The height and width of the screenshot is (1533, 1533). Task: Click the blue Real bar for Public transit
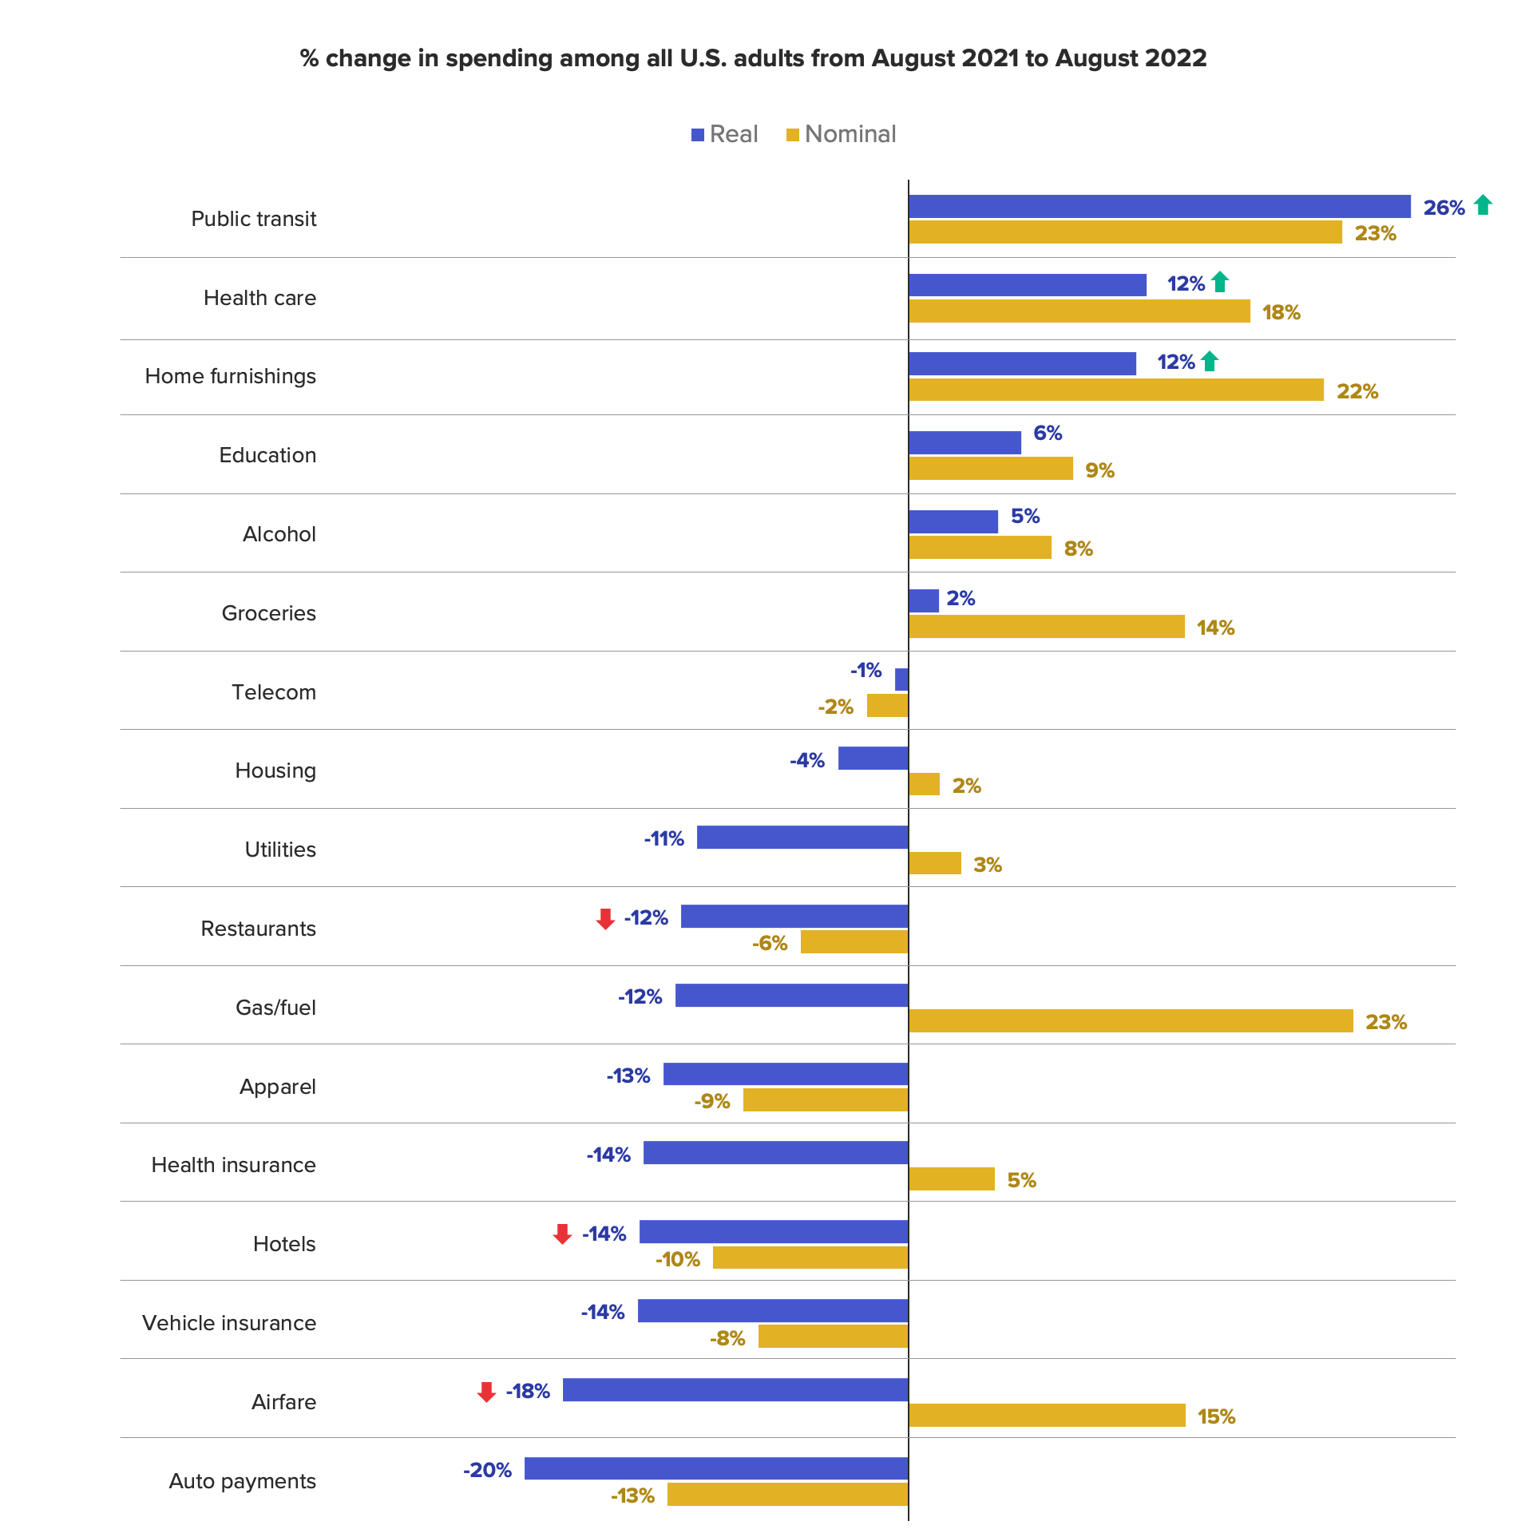coord(1159,206)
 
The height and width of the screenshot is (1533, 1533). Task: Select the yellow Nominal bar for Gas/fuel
coord(1131,1020)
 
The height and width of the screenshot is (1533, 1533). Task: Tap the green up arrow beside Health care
coord(1219,282)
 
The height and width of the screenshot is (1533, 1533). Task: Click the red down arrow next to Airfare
coord(486,1392)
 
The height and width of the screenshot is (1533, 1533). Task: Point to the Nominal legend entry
coord(842,134)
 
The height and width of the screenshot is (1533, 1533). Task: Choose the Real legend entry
coord(724,134)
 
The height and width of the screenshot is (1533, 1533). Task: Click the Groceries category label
coord(268,613)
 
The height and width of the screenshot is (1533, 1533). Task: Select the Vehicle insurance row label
coord(229,1323)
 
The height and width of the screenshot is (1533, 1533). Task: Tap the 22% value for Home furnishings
coord(1357,391)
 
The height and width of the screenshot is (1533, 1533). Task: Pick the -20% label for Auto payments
coord(487,1470)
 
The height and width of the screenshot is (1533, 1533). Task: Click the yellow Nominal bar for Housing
coord(925,784)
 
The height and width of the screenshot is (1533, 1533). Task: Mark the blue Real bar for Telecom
coord(901,679)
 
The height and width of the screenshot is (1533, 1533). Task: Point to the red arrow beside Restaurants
coord(605,919)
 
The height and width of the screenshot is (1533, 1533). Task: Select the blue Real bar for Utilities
coord(802,837)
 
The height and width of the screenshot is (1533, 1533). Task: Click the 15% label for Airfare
coord(1216,1416)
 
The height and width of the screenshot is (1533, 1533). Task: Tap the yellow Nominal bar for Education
coord(991,469)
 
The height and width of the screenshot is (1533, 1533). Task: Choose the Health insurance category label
coord(233,1165)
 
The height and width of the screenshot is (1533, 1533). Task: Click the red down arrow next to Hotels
coord(562,1234)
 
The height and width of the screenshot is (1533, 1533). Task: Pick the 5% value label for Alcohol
coord(1025,517)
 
